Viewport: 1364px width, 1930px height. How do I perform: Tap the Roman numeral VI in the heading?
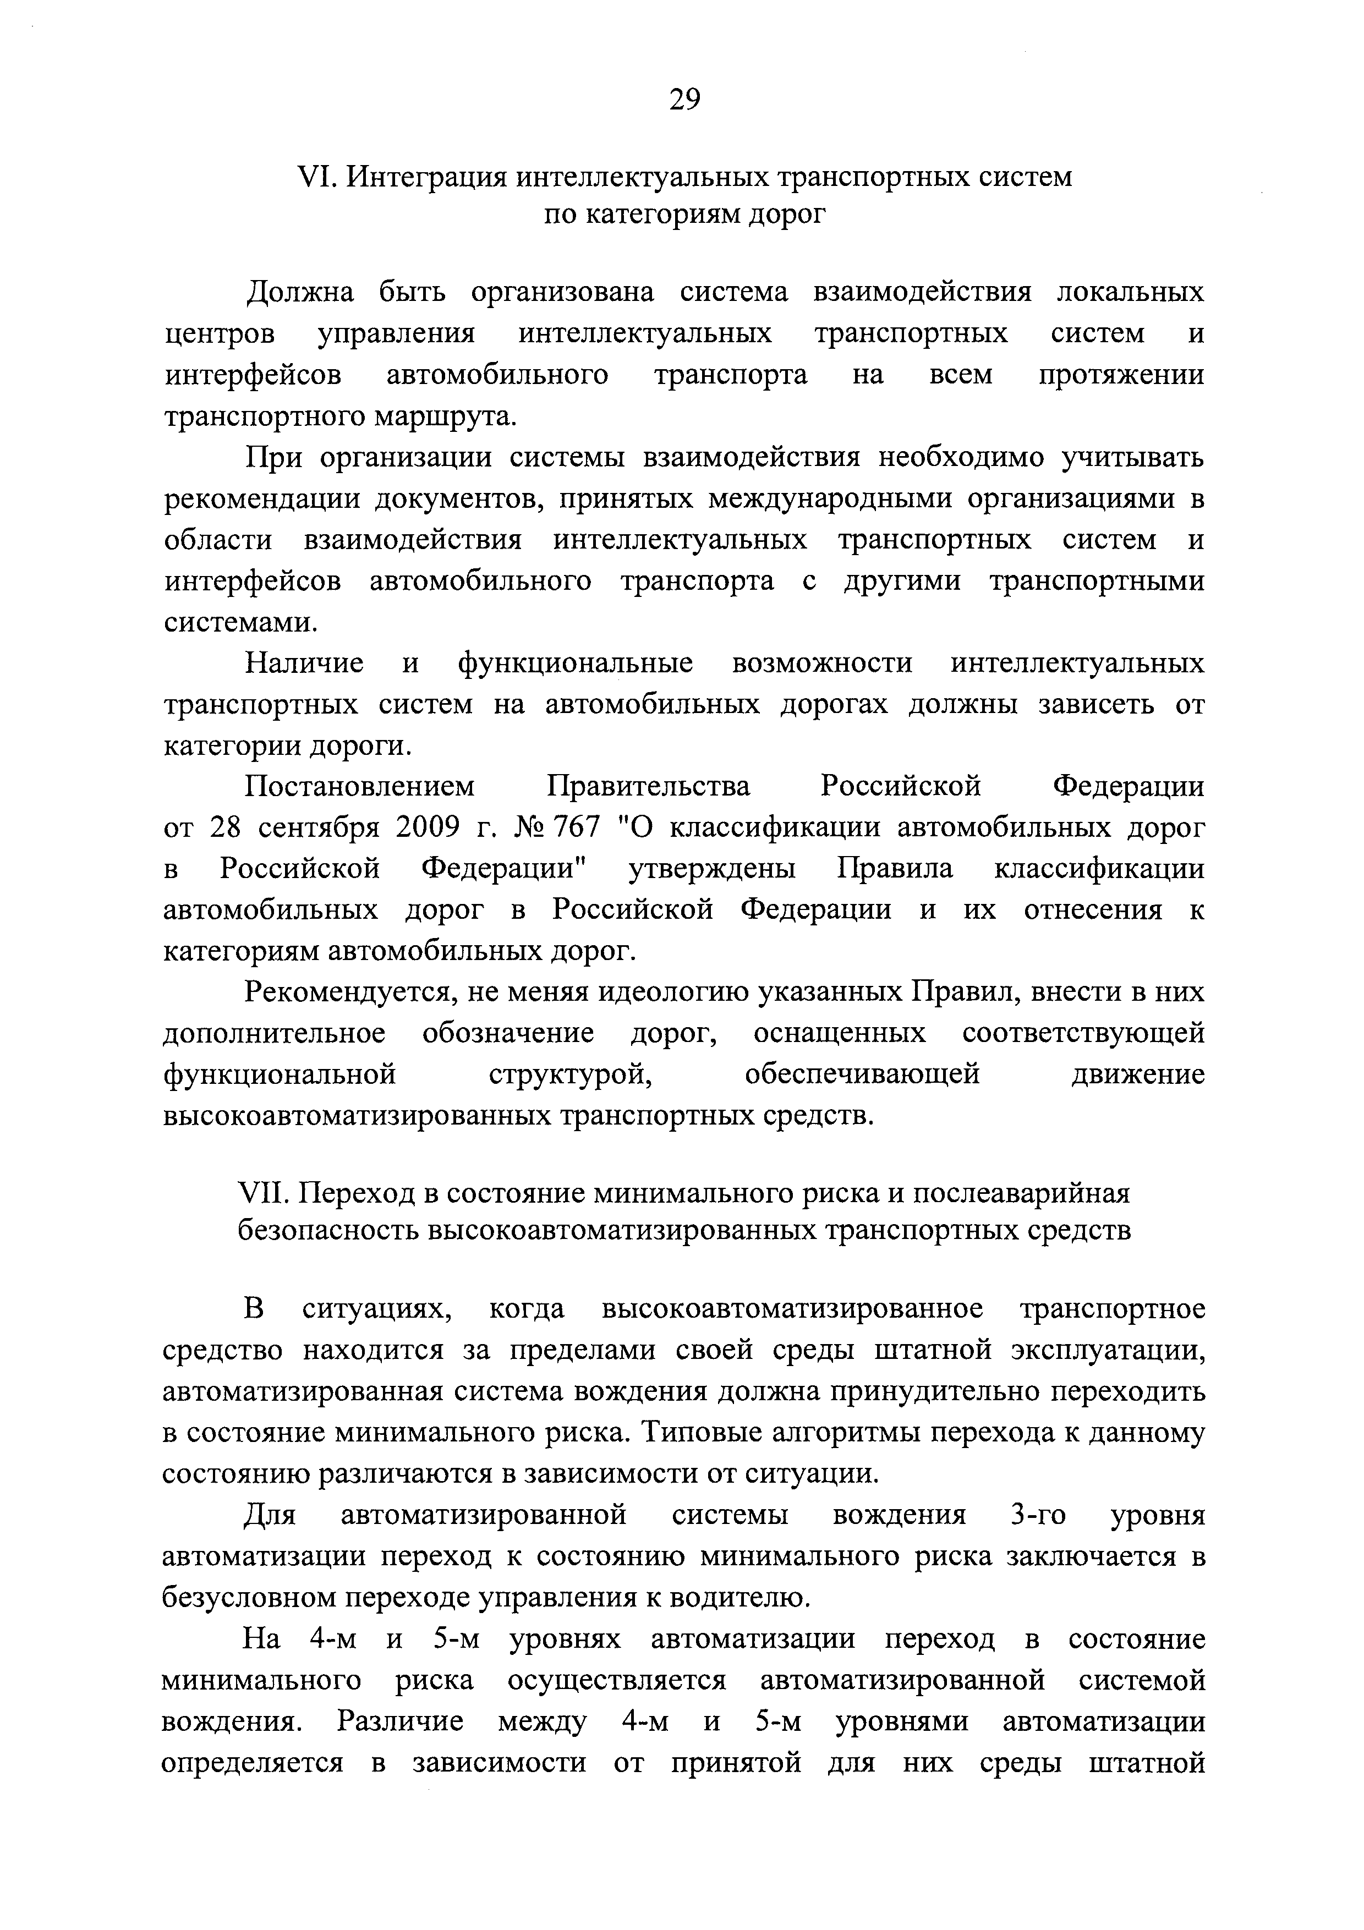coord(316,177)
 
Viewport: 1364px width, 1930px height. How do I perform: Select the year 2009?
coord(427,828)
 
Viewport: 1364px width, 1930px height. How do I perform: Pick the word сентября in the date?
coord(319,828)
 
